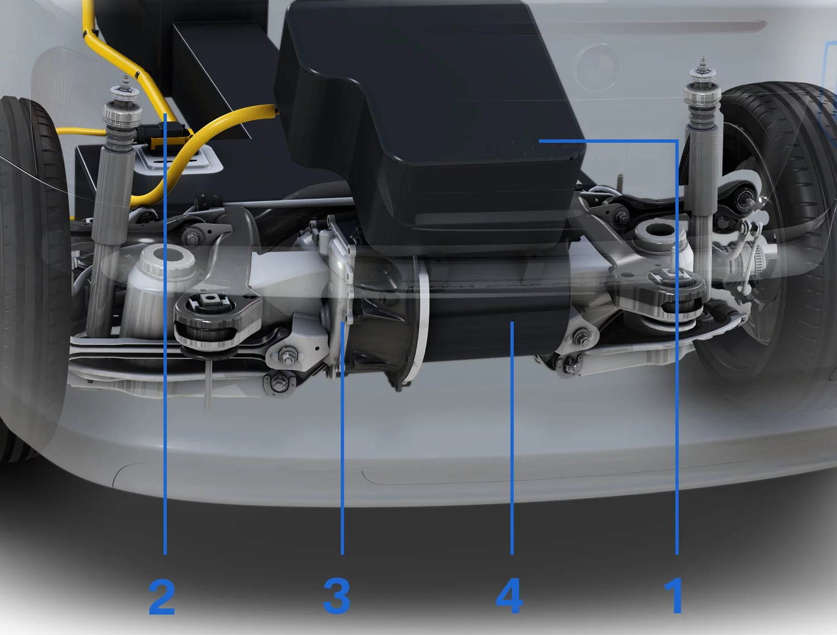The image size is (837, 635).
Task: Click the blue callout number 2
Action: (x=162, y=597)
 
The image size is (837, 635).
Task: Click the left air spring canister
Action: (x=160, y=290)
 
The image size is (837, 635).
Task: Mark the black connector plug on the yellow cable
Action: (x=168, y=138)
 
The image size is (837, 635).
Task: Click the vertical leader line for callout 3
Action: (x=343, y=438)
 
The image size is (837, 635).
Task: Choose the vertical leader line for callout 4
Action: (x=512, y=438)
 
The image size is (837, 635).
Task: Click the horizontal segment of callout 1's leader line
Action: (x=608, y=141)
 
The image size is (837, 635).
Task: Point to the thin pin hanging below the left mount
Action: (x=208, y=384)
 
